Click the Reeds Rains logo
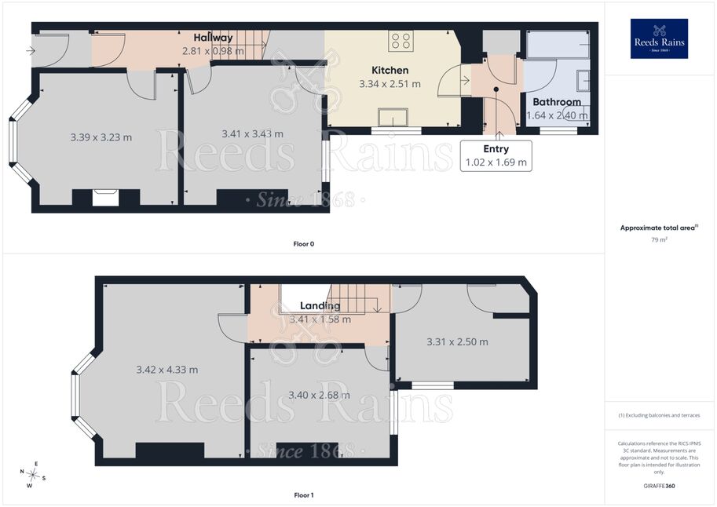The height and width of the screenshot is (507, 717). point(659,38)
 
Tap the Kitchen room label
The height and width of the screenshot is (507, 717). point(390,70)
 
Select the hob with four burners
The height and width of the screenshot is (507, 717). point(401,40)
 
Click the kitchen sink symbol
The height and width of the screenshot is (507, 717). point(393,117)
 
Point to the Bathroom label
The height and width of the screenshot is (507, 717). point(557,102)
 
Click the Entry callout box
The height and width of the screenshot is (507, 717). point(496,156)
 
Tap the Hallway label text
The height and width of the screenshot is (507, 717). point(213,38)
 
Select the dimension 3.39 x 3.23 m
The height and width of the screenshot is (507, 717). point(101,137)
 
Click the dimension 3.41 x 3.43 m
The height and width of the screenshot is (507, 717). point(252,134)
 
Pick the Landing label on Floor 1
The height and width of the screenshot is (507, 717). point(320,305)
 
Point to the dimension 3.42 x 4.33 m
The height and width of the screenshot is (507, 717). point(167,370)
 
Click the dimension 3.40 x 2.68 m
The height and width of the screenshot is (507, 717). point(319,395)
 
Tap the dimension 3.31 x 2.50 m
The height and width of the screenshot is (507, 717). point(457,342)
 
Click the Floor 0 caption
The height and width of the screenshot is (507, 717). point(304,244)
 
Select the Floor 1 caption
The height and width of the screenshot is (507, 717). point(304,495)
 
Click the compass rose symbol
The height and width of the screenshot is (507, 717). point(32,474)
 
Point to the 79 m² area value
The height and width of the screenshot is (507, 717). point(659,239)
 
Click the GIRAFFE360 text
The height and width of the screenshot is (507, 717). point(659,486)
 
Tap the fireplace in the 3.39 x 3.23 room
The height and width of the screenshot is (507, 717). point(106,198)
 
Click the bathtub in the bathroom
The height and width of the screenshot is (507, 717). point(558,45)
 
